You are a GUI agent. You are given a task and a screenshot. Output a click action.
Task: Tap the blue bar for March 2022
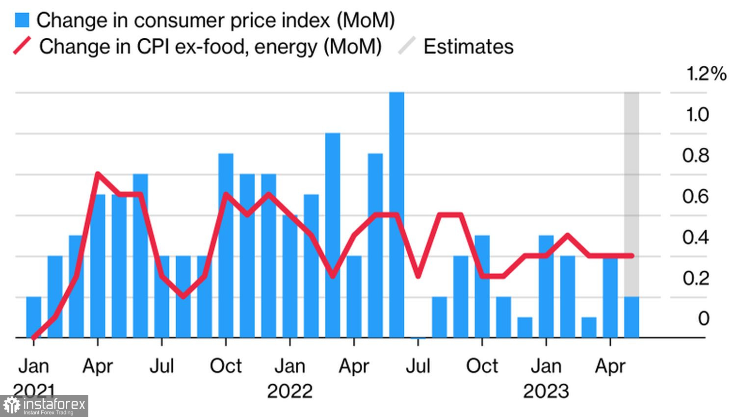click(333, 235)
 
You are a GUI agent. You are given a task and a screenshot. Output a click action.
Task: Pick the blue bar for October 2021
click(226, 245)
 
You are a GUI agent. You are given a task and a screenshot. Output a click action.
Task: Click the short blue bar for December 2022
click(525, 327)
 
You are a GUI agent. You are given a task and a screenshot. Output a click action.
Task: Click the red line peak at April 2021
click(98, 174)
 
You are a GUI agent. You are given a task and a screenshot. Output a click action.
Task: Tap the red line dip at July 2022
click(418, 276)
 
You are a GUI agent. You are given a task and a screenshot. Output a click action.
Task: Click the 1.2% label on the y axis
click(706, 74)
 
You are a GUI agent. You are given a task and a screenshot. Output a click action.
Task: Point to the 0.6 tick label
click(695, 196)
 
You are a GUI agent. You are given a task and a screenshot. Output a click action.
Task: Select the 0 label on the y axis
click(704, 318)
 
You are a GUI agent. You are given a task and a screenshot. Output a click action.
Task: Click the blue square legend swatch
click(22, 20)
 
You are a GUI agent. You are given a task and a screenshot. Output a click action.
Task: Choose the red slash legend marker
click(22, 46)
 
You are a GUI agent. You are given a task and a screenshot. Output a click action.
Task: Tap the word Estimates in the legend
click(468, 47)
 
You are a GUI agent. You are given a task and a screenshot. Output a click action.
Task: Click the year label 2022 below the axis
click(289, 391)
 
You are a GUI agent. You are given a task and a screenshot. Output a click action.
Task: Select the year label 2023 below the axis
click(546, 391)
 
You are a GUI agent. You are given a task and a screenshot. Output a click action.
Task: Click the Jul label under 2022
click(418, 366)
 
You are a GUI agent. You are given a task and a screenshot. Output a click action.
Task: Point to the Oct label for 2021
click(226, 366)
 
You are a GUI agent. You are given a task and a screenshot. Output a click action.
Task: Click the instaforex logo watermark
click(44, 406)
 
